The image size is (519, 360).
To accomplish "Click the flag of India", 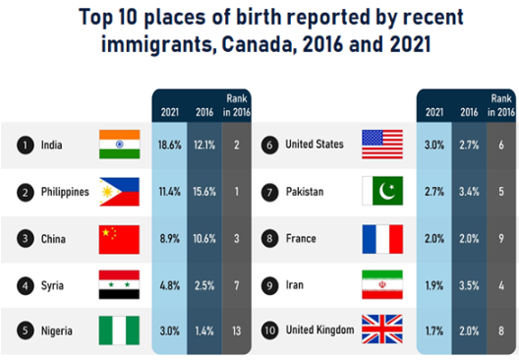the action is (x=120, y=145).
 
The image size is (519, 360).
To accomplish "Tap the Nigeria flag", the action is (x=119, y=330).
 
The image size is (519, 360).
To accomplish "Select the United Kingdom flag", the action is (x=382, y=330).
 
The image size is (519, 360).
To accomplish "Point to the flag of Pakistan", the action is (x=382, y=191).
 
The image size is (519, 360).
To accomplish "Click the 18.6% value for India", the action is (x=170, y=145).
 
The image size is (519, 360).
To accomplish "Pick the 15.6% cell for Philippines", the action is (x=204, y=192).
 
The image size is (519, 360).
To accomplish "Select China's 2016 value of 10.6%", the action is (x=204, y=238).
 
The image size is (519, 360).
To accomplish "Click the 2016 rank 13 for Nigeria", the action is (x=237, y=330).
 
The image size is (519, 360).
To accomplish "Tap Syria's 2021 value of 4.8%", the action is (x=170, y=285).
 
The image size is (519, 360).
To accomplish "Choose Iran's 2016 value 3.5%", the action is (x=469, y=285).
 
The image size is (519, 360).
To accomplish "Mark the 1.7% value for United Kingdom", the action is (x=434, y=330).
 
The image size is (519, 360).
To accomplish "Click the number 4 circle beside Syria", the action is (x=26, y=285).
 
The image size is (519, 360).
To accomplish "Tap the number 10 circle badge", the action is (x=269, y=330).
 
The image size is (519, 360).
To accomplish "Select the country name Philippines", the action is (x=65, y=192).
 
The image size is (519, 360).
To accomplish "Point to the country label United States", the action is (x=315, y=144).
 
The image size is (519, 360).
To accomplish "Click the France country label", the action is (x=301, y=238).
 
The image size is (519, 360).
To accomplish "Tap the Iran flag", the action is (x=382, y=284).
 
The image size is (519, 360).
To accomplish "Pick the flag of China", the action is (x=119, y=239).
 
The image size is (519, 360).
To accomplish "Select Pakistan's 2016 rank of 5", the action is (x=501, y=192).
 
